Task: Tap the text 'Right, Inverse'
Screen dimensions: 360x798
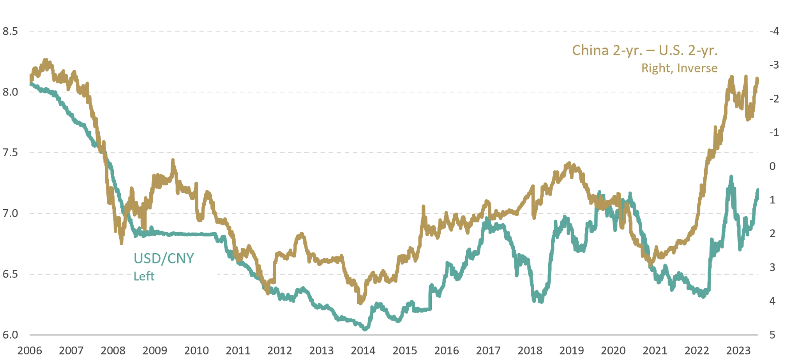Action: pyautogui.click(x=679, y=69)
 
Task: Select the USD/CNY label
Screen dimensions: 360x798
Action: pyautogui.click(x=164, y=258)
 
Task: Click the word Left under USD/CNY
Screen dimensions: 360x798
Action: pyautogui.click(x=144, y=276)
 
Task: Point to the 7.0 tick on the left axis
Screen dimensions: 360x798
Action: pyautogui.click(x=11, y=214)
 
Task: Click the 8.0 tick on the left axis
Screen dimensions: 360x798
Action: pyautogui.click(x=11, y=92)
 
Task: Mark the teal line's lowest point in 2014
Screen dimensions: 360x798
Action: pyautogui.click(x=365, y=331)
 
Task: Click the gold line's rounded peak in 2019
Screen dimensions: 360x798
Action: pyautogui.click(x=570, y=162)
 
